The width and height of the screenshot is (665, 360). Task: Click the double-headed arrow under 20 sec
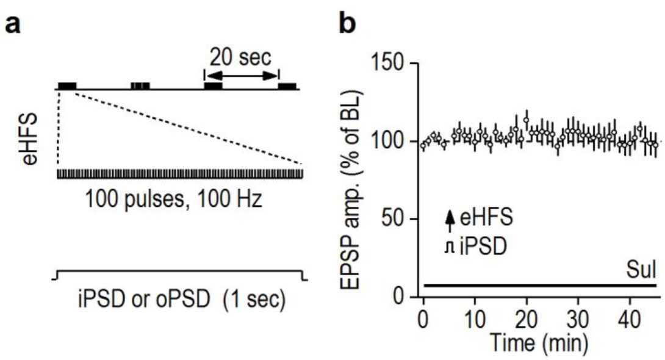pos(241,76)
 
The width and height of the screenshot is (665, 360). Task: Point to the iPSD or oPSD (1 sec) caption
pos(182,300)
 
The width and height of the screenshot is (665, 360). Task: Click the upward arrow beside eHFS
pos(450,220)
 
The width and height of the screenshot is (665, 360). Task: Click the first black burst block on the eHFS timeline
pos(66,85)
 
